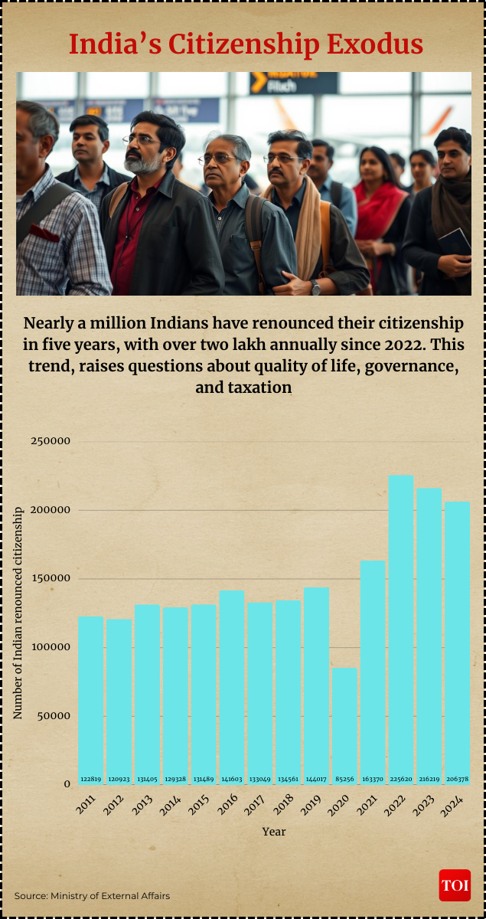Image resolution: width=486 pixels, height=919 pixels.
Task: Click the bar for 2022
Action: pos(401,628)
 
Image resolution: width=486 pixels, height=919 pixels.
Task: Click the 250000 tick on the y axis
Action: pos(51,441)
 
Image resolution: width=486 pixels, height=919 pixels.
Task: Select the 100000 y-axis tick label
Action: pos(51,647)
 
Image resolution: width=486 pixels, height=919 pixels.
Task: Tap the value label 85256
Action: pos(344,779)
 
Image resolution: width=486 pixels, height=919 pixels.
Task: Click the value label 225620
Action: pos(401,779)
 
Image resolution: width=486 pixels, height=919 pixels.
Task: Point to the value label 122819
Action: pos(90,779)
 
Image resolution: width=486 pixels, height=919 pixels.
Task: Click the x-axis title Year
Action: pos(274,831)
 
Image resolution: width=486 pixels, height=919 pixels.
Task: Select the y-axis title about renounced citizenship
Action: pos(18,613)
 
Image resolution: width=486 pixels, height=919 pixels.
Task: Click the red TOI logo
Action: pos(455,885)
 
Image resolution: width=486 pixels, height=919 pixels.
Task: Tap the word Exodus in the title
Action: pos(375,44)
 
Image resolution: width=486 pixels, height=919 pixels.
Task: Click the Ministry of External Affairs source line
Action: pos(92,895)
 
